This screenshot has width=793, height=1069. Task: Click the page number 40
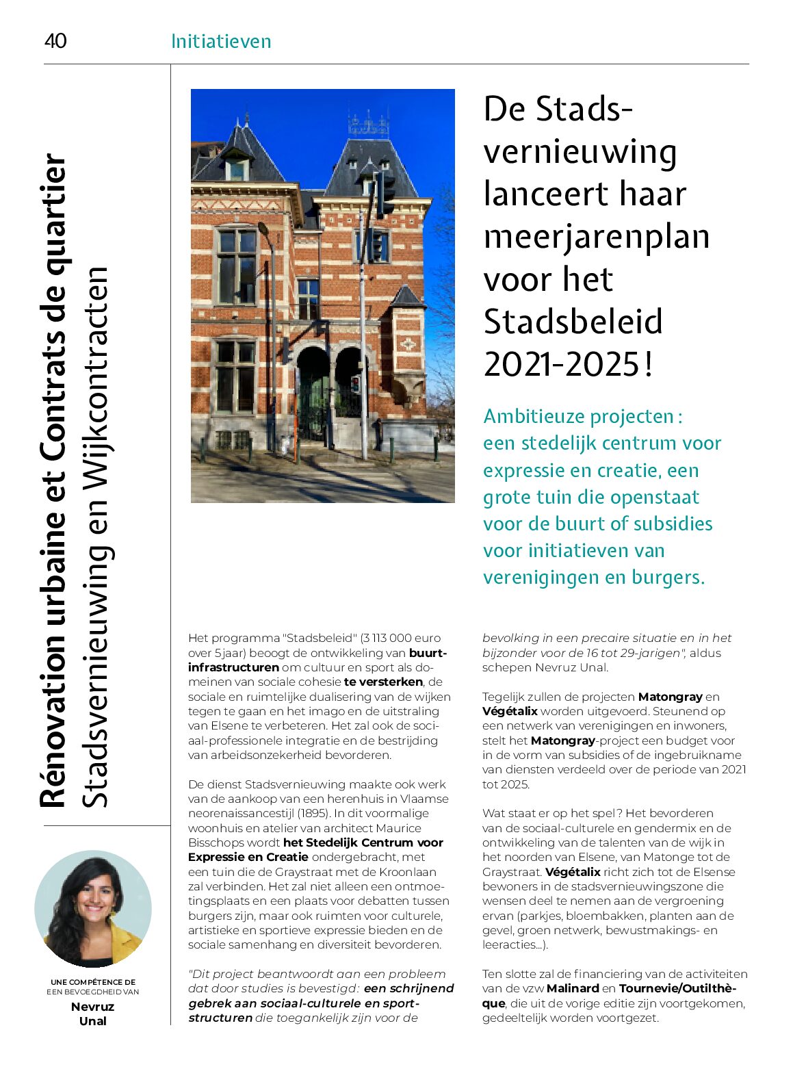(x=55, y=41)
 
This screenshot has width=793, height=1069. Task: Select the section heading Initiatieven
(x=220, y=42)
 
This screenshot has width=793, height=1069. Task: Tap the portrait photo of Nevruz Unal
(x=93, y=909)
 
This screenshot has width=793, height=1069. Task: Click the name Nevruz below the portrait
(x=92, y=1006)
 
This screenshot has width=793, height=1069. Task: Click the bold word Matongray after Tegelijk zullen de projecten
(x=670, y=697)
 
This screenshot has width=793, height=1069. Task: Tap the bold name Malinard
(x=572, y=988)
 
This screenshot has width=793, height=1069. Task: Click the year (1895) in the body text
(x=313, y=813)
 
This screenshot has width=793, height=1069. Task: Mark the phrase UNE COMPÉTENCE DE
(x=93, y=982)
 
